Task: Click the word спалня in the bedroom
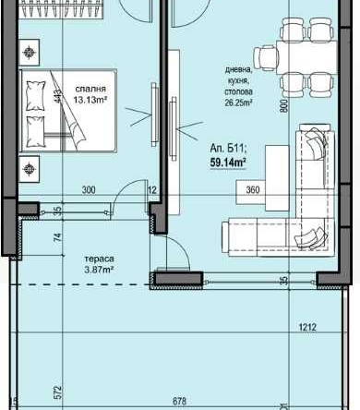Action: pyautogui.click(x=90, y=90)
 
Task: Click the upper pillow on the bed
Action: pyautogui.click(x=38, y=90)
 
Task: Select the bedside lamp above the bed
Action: pyautogui.click(x=30, y=52)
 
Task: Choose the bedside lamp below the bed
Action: pyautogui.click(x=30, y=168)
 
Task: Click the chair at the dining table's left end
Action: pyautogui.click(x=267, y=58)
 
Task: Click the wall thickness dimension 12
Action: pyautogui.click(x=152, y=189)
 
